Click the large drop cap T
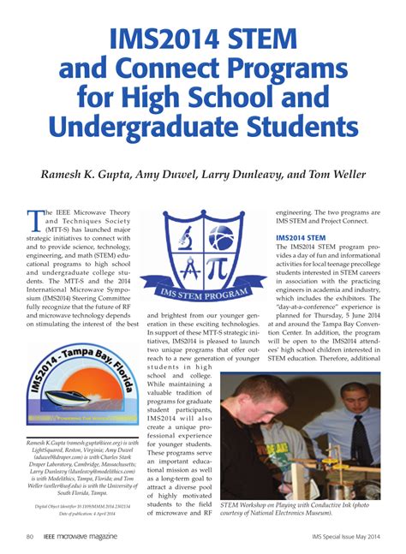click(x=35, y=221)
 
